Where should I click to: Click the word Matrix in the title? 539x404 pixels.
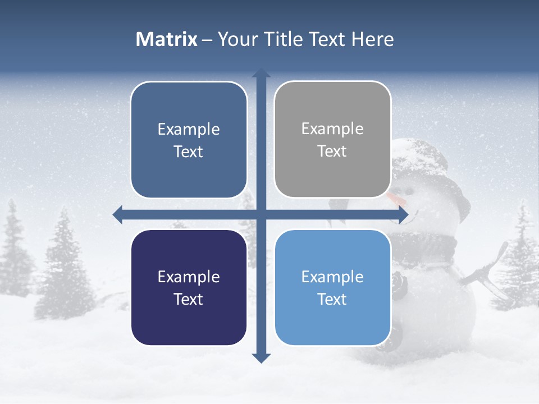coord(166,39)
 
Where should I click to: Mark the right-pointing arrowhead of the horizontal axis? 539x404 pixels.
coord(403,214)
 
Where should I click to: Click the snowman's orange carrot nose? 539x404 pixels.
coord(396,198)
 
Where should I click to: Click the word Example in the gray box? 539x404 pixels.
coord(332,129)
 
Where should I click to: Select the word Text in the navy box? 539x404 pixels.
coord(189,299)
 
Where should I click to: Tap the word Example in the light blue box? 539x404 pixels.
coord(332,277)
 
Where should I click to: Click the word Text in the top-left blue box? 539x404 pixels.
coord(189,151)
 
